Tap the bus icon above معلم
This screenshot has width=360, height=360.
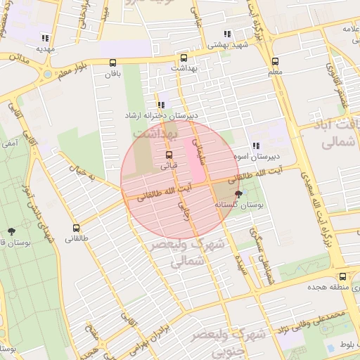[x=275, y=61]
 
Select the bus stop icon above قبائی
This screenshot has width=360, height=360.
[x=169, y=155]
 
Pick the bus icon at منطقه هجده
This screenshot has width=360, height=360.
[x=342, y=276]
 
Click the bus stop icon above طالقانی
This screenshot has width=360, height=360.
[x=76, y=228]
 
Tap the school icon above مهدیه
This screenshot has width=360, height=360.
[x=46, y=39]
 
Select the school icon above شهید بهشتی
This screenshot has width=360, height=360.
[x=226, y=34]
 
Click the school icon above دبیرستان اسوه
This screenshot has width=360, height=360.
[x=256, y=146]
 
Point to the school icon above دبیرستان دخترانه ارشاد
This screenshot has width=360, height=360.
[x=162, y=105]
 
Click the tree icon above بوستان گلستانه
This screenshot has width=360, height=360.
[x=238, y=194]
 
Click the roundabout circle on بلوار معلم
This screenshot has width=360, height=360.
[x=47, y=73]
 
